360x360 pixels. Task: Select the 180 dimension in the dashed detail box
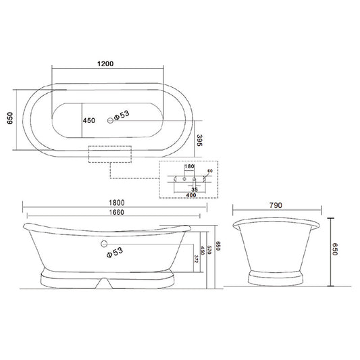189,166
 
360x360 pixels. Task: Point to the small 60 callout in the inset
209,172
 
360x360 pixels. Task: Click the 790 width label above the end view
274,205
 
